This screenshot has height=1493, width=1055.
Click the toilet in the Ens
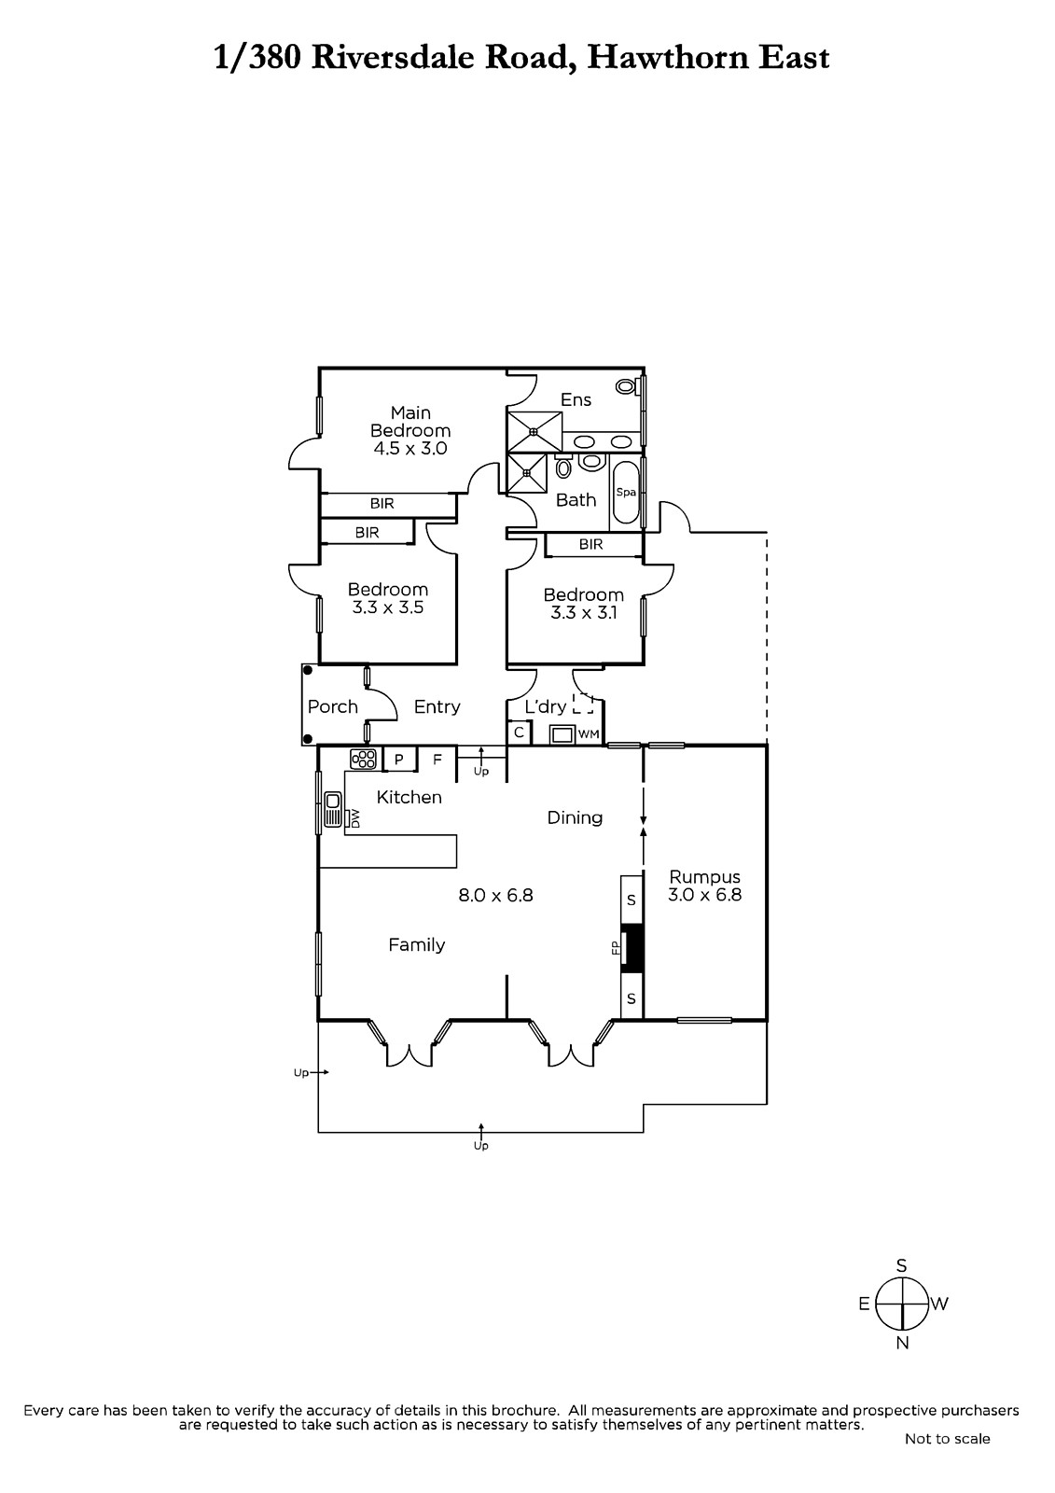click(x=626, y=385)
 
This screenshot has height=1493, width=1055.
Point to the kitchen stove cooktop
click(x=363, y=759)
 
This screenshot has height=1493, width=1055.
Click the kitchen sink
click(x=333, y=809)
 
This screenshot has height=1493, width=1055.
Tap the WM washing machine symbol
click(x=562, y=734)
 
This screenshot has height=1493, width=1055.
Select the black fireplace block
click(x=632, y=948)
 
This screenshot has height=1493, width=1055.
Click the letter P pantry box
click(x=399, y=760)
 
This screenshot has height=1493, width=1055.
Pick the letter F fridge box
click(x=437, y=760)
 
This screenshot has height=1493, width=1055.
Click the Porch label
click(x=333, y=706)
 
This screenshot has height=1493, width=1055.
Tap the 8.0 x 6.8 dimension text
click(x=495, y=895)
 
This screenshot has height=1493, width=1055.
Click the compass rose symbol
click(x=901, y=1303)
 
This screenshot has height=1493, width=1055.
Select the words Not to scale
click(x=947, y=1457)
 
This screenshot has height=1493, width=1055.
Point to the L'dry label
click(x=545, y=706)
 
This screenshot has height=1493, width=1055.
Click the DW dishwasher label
click(x=354, y=818)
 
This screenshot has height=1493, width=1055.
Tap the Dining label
click(x=575, y=817)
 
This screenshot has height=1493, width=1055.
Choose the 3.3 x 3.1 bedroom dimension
click(x=583, y=612)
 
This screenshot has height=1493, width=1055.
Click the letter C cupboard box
click(x=520, y=733)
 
